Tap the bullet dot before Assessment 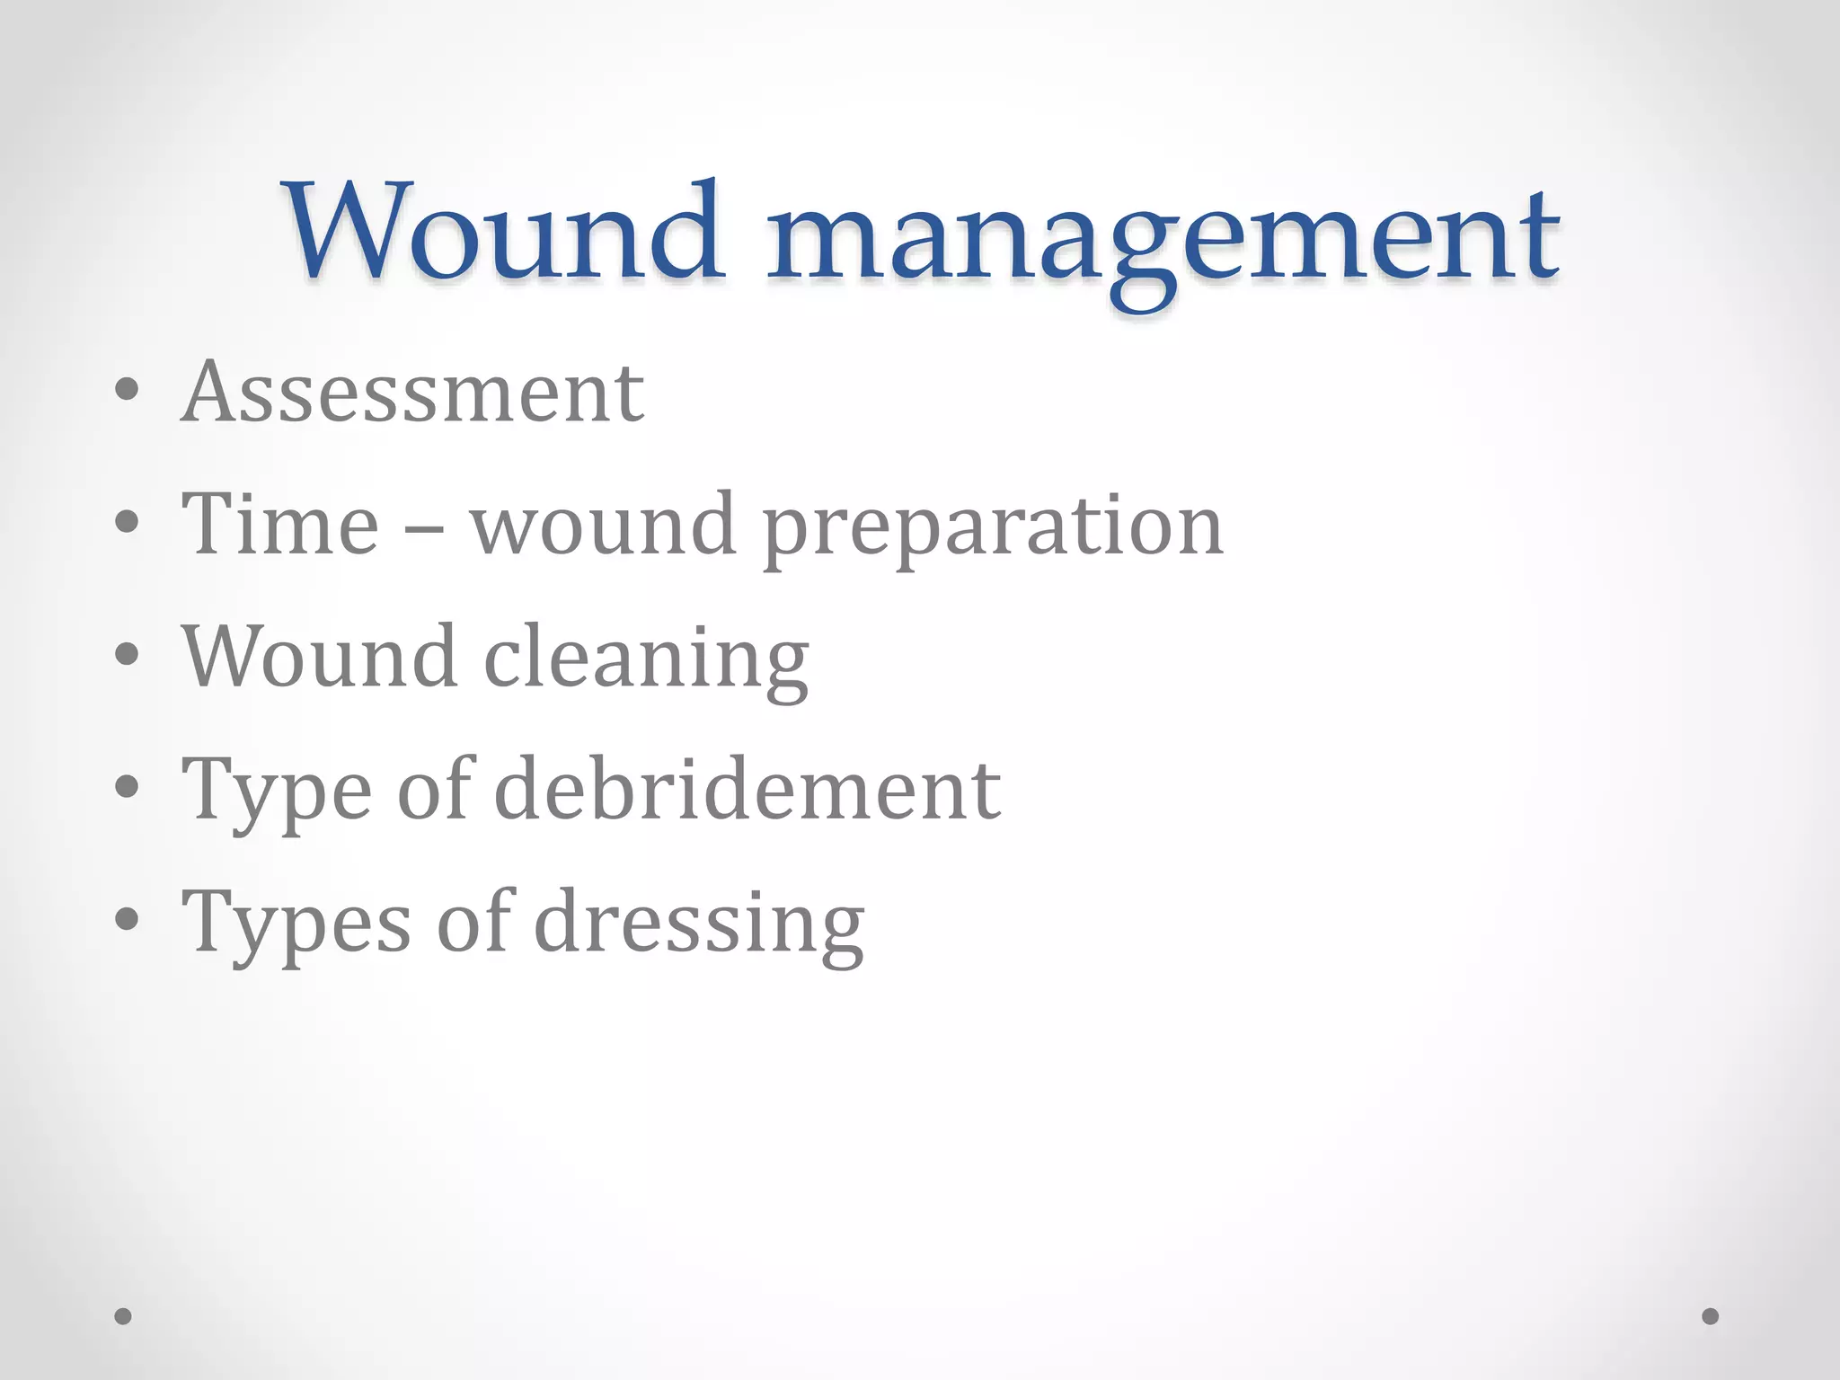coord(127,391)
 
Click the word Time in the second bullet coord(279,525)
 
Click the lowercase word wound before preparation coord(603,525)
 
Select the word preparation coord(993,530)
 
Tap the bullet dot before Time coord(127,522)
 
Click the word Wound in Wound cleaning coord(320,657)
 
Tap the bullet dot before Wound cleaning coord(127,654)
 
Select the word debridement coord(747,789)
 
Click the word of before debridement coord(434,789)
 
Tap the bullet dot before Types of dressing coord(127,919)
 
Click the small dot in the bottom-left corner coord(123,1316)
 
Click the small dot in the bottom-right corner coord(1710,1316)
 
